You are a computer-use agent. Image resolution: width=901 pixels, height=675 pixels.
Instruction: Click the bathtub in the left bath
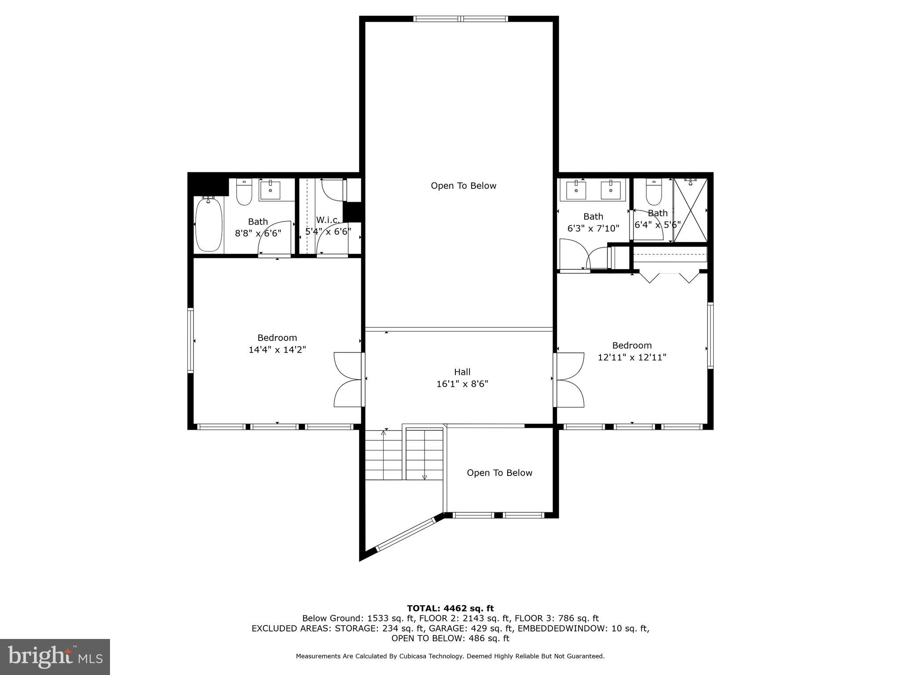[209, 225]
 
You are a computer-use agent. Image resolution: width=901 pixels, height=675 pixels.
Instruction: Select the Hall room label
[462, 372]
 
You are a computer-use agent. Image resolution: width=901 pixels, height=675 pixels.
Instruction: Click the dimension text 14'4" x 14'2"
[277, 350]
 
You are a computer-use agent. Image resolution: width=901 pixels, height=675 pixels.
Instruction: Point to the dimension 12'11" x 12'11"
[632, 357]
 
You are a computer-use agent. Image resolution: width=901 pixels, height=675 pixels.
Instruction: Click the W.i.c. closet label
[328, 220]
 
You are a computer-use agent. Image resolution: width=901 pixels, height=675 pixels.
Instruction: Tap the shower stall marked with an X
[690, 210]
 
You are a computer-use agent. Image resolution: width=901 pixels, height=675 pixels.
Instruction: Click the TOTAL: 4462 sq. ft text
[450, 608]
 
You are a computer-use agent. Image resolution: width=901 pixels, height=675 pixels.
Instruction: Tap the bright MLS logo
[55, 657]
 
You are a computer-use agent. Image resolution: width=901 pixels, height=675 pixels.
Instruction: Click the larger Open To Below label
[463, 185]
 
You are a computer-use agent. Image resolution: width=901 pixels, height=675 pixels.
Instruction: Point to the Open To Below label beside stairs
[499, 472]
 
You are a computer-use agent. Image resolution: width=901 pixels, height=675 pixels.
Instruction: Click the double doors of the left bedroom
[348, 379]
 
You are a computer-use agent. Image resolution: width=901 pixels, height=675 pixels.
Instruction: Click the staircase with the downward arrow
[424, 455]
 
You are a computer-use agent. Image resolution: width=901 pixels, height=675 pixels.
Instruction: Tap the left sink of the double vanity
[576, 190]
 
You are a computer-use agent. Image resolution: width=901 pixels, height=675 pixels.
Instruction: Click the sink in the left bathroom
[269, 190]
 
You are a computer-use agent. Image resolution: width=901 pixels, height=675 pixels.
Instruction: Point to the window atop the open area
[461, 19]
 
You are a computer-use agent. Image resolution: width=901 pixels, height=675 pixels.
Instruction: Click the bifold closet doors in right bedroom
[669, 277]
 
